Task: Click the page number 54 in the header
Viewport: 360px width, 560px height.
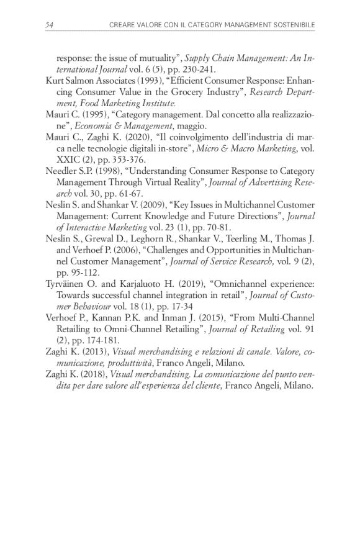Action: click(50, 24)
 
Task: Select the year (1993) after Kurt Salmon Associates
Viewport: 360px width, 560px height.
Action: click(140, 81)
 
